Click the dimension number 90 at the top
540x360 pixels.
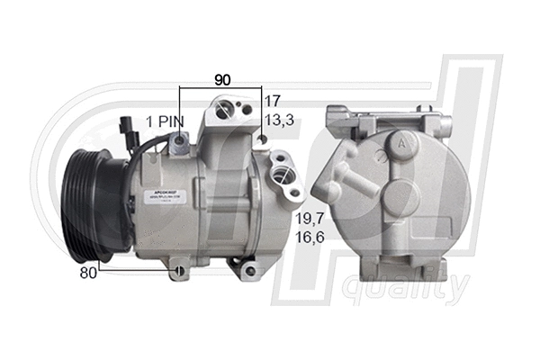tap(221, 79)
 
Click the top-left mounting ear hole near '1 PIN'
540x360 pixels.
tap(181, 139)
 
